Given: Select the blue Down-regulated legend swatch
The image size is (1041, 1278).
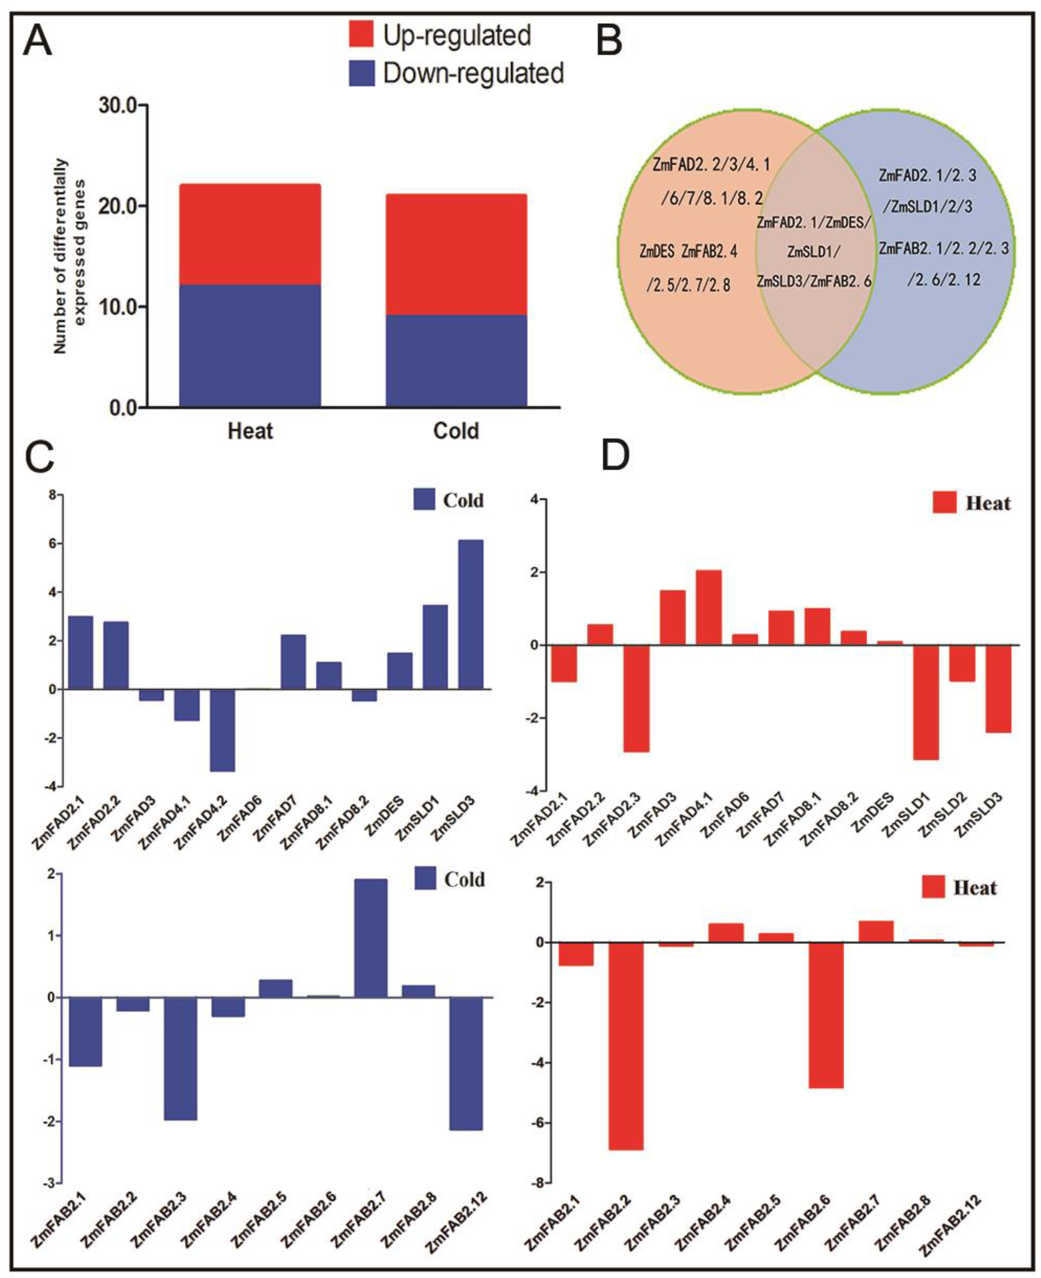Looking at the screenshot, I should pos(362,73).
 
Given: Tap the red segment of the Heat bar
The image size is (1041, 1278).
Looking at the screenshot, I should pos(250,234).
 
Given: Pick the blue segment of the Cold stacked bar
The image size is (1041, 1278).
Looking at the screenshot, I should pos(456,360).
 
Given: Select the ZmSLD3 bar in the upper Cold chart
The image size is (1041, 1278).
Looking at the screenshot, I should pos(471,614).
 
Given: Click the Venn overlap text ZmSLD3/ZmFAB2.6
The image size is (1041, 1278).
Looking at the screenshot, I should pos(814,281).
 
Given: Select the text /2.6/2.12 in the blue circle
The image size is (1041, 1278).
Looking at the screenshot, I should pos(944,279).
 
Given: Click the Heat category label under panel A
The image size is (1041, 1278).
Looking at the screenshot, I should pos(250,430).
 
